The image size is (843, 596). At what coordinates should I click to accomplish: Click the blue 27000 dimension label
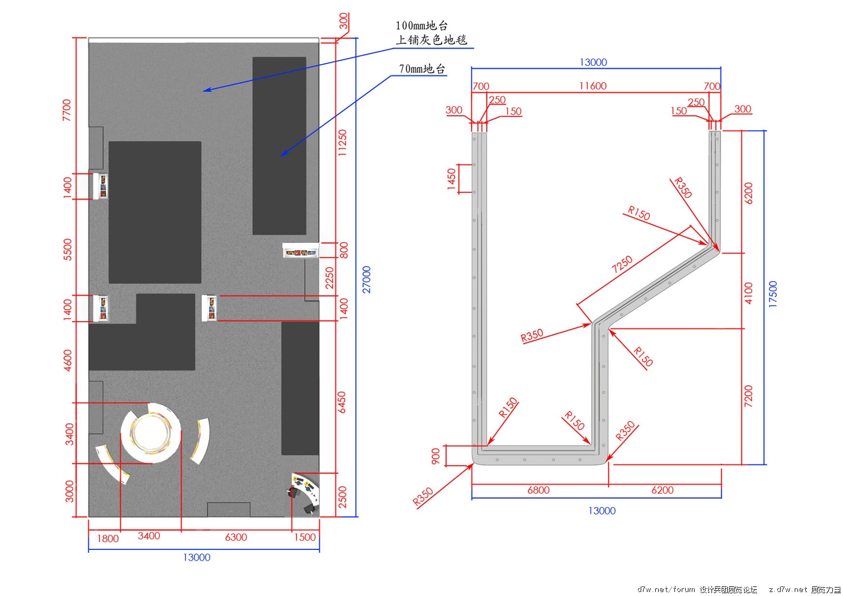point(366,279)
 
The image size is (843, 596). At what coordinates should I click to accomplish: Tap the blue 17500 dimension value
point(773,294)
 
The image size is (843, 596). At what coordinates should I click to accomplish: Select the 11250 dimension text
point(342,143)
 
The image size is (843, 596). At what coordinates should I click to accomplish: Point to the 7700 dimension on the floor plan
point(67,110)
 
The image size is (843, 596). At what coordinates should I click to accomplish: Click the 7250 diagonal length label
point(622,264)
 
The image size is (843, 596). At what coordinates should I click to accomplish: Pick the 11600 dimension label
point(593,86)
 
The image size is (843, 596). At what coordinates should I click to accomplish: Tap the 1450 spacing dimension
point(451,179)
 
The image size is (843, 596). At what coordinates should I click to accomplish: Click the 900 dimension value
point(436,456)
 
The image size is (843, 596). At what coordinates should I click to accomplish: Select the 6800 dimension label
point(538,490)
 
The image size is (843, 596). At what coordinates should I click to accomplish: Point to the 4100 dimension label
point(748,294)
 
